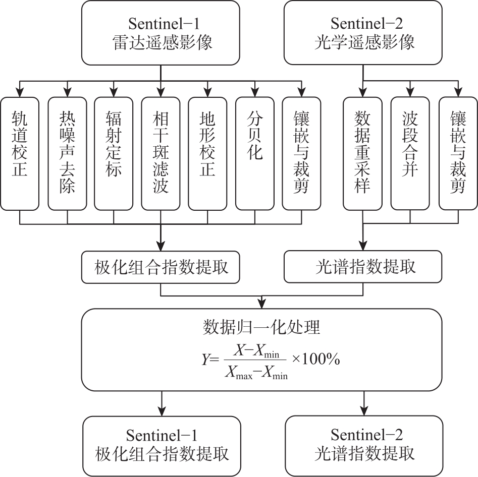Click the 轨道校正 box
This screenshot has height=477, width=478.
tap(20, 153)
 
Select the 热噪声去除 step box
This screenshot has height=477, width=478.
tap(67, 153)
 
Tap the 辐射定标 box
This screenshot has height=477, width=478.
tap(114, 153)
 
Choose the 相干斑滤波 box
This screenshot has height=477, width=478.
tap(161, 153)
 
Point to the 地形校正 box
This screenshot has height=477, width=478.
tap(207, 153)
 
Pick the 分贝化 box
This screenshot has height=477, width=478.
tap(254, 153)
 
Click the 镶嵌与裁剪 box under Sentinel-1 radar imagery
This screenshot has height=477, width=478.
tap(301, 153)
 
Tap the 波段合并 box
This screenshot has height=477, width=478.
tap(410, 153)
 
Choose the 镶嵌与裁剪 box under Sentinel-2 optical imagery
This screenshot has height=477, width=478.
tap(458, 153)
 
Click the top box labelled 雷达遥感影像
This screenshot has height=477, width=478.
tap(161, 33)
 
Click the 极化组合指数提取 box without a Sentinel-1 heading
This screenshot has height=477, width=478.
tap(161, 267)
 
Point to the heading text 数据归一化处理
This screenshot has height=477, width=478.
tap(261, 328)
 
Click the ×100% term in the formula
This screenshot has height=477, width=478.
tap(316, 360)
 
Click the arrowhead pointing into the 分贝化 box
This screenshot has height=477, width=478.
tap(254, 93)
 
